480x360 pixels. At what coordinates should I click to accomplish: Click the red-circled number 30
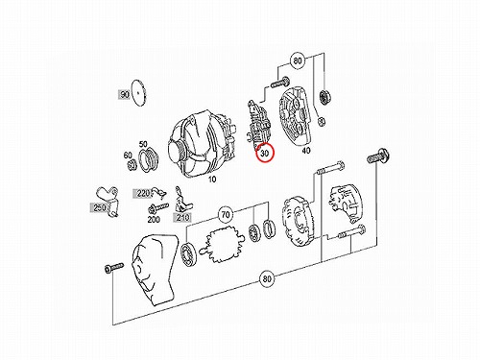click(265, 154)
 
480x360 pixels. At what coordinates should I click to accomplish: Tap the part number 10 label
click(212, 180)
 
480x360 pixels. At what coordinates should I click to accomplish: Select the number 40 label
click(306, 150)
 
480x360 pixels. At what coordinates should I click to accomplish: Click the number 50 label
click(143, 144)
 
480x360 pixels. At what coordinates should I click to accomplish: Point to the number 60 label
click(128, 156)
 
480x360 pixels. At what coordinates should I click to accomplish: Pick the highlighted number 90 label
click(125, 94)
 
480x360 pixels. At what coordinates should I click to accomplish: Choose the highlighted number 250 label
click(100, 208)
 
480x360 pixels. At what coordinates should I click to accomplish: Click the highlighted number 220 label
click(143, 194)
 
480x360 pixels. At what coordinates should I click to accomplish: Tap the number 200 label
click(154, 220)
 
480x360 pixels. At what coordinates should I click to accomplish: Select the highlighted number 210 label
click(182, 218)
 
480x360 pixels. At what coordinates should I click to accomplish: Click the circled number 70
click(226, 214)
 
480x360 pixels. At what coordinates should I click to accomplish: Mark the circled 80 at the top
click(298, 60)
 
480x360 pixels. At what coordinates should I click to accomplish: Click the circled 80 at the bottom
click(267, 278)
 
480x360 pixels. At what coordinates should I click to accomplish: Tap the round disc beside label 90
click(138, 92)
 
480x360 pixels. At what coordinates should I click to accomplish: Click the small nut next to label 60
click(132, 166)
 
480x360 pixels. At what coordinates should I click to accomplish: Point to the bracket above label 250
click(108, 200)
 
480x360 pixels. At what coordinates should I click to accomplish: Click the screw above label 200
click(158, 208)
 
